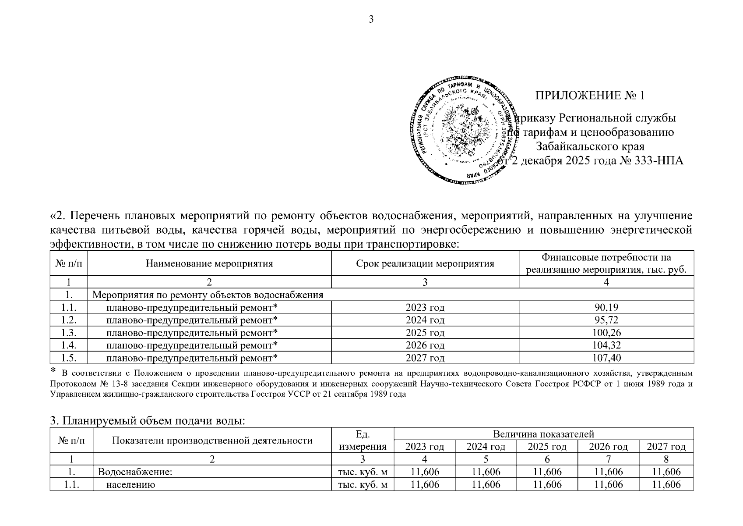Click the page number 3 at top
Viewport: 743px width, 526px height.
(x=371, y=19)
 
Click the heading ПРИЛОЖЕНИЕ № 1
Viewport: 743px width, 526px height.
(x=590, y=96)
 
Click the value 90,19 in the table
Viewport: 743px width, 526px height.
(x=606, y=307)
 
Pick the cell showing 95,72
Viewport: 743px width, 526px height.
(x=606, y=320)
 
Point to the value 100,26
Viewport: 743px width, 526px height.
(x=606, y=333)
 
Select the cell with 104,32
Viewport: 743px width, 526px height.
(x=606, y=345)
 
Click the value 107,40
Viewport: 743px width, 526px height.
(x=606, y=358)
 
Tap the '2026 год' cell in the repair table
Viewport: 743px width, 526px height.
(x=425, y=345)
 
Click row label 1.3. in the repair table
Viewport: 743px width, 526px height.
(x=69, y=333)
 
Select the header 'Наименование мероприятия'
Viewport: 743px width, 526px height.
(x=209, y=263)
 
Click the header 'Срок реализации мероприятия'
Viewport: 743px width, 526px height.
(x=425, y=263)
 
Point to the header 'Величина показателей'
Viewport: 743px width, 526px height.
(x=543, y=434)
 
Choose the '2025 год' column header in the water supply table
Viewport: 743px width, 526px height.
(x=547, y=447)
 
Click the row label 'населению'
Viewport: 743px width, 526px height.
(x=130, y=484)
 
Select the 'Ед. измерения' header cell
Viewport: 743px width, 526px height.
(x=363, y=440)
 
